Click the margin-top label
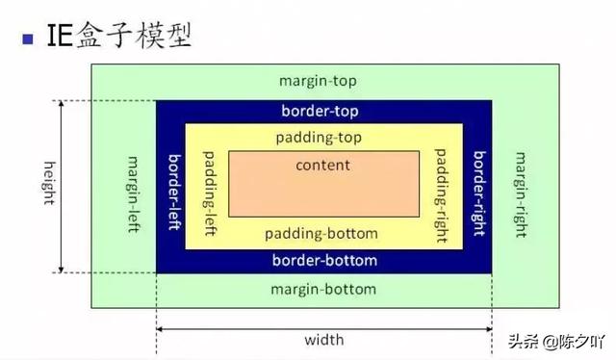[x=322, y=82]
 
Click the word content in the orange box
[x=322, y=166]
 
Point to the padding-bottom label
[x=322, y=234]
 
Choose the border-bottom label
[x=324, y=261]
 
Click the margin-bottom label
[x=322, y=289]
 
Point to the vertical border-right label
[x=478, y=189]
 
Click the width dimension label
[x=323, y=340]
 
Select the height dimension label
[x=47, y=189]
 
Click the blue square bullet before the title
[x=26, y=39]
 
